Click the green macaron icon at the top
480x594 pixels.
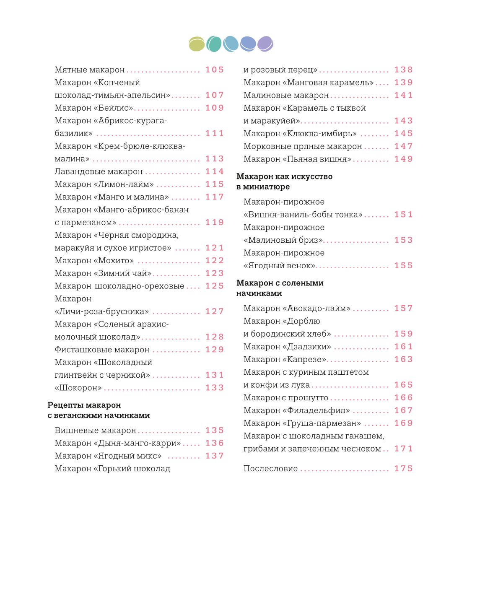click(x=197, y=44)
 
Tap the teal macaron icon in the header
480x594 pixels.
click(x=214, y=44)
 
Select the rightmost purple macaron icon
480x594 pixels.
click(x=265, y=44)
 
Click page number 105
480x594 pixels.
click(x=215, y=70)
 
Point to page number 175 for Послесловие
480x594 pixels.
click(x=403, y=468)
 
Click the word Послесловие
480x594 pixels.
click(x=270, y=468)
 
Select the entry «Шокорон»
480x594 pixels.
click(x=78, y=388)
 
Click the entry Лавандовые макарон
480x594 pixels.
click(x=99, y=171)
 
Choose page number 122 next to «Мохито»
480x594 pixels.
click(x=215, y=260)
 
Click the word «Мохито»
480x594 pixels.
click(x=114, y=260)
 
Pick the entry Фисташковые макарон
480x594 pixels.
click(x=102, y=350)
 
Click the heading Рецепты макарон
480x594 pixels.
click(x=84, y=405)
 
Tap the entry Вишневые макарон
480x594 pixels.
click(x=95, y=430)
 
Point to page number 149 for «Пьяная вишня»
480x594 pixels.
click(x=403, y=159)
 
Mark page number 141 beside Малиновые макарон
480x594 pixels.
click(x=403, y=95)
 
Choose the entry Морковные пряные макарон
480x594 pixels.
click(x=303, y=146)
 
